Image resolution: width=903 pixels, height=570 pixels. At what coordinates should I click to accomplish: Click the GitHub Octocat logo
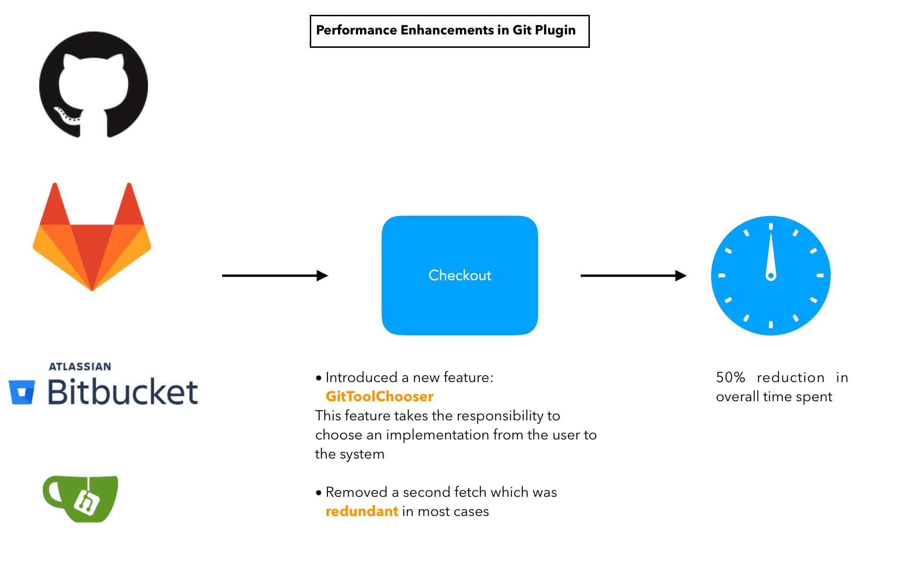tap(93, 85)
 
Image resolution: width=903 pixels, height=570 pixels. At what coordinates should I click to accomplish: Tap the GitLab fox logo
tap(92, 239)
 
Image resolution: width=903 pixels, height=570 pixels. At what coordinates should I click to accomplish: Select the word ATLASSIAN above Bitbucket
tap(80, 367)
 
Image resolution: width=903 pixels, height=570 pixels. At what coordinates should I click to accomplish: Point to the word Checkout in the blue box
tap(460, 275)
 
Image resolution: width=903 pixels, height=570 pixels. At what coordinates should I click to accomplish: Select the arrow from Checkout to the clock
tap(633, 275)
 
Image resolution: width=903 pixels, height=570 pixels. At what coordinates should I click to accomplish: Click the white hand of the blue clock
tap(771, 256)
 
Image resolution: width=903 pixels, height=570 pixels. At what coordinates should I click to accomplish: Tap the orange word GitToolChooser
tap(379, 396)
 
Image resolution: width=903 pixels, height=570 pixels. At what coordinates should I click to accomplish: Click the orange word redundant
tap(361, 511)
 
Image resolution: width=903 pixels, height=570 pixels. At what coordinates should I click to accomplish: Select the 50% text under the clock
tap(730, 377)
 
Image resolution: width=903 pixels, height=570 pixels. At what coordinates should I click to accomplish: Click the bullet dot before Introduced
tap(319, 378)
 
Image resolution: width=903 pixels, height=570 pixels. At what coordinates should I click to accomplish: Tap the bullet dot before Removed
tap(319, 493)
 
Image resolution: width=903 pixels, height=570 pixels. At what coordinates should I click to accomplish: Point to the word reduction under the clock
tap(790, 377)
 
